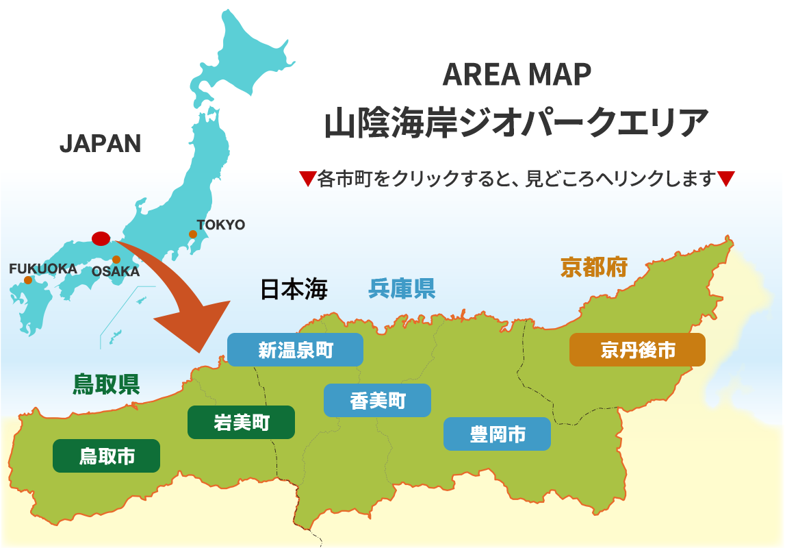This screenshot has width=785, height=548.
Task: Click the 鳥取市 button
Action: tap(106, 456)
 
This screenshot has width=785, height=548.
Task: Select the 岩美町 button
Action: tap(241, 423)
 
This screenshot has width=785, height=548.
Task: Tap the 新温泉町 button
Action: tap(295, 350)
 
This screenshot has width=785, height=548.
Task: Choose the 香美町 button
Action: tap(377, 401)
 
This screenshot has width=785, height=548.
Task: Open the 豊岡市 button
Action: tap(497, 434)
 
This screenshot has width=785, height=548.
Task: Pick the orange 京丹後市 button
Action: tap(637, 350)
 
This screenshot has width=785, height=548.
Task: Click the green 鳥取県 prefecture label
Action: tap(106, 384)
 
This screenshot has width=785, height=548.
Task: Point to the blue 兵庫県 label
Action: tap(402, 288)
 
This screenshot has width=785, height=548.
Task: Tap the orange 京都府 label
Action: tap(594, 266)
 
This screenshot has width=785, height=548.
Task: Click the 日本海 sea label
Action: tap(294, 290)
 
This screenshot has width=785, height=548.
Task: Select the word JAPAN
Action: tap(100, 143)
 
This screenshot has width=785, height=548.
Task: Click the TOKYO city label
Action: tap(220, 225)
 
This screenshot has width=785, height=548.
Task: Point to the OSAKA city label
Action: tap(116, 272)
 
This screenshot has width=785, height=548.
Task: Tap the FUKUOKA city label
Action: tap(42, 269)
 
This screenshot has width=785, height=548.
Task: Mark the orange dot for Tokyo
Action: tap(193, 234)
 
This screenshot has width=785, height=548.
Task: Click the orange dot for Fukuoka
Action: tap(28, 280)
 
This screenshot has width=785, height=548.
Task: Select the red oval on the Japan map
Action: tap(101, 238)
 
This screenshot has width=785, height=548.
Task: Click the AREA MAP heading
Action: tap(517, 75)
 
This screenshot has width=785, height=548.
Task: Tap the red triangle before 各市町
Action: tap(307, 179)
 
